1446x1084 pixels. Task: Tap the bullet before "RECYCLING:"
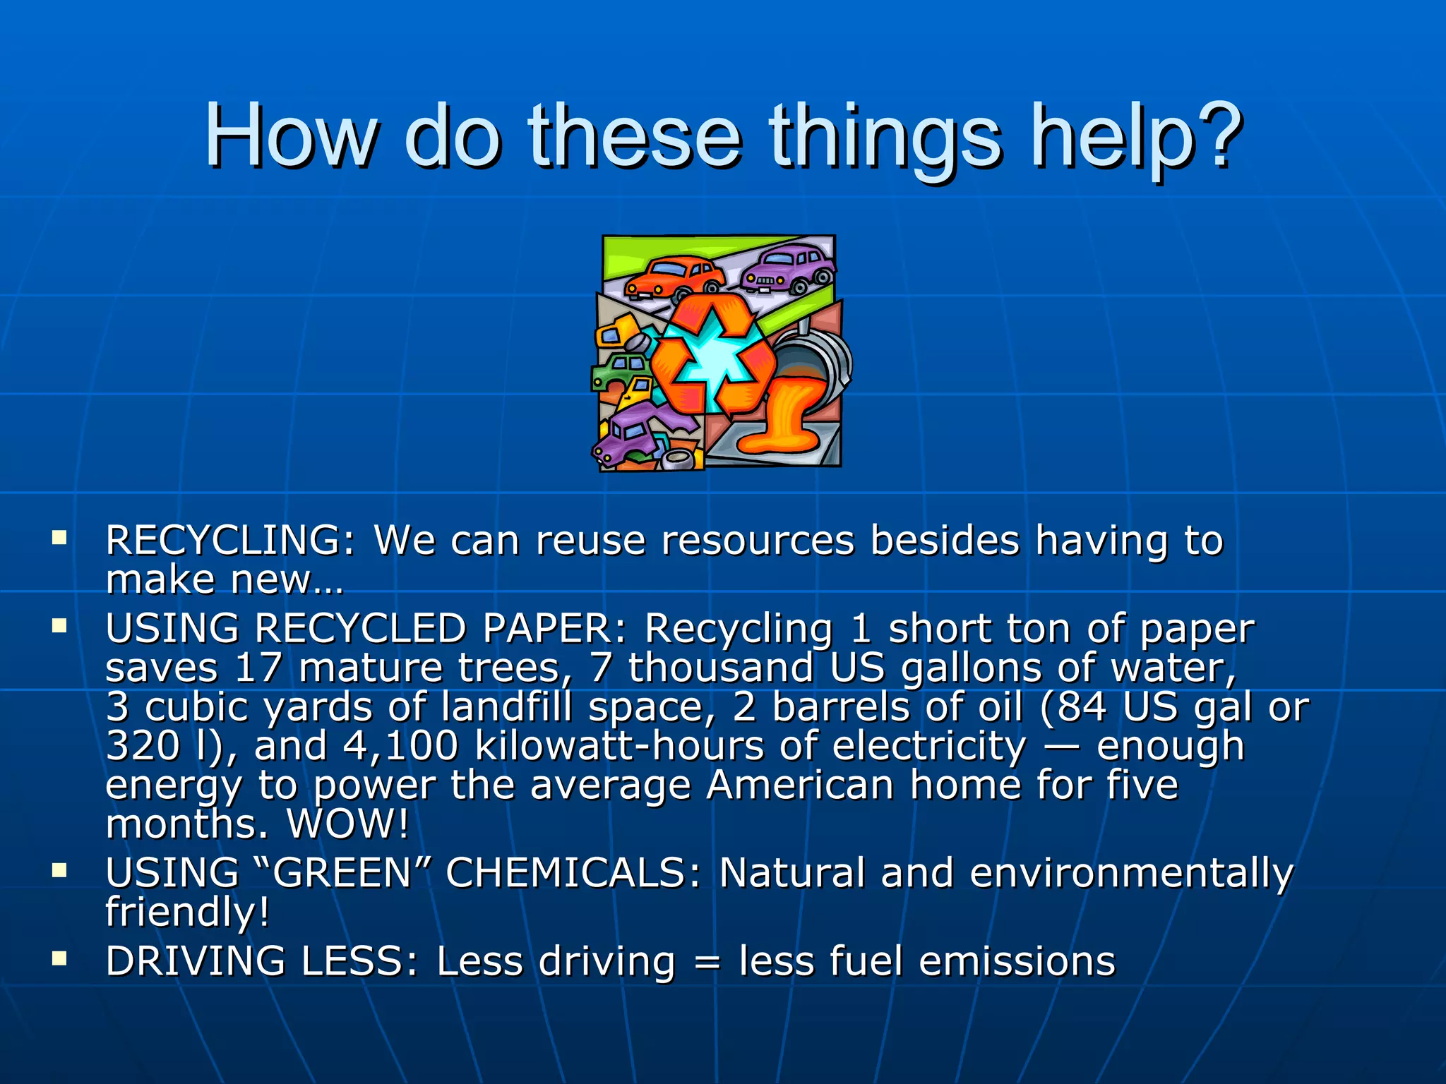point(59,539)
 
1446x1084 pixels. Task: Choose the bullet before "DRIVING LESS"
point(59,958)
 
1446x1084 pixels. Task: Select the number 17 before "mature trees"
point(258,668)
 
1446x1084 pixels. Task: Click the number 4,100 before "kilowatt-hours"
point(400,746)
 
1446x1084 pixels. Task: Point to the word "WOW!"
point(347,824)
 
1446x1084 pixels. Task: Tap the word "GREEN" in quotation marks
point(342,873)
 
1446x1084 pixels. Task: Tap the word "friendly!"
point(187,912)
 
